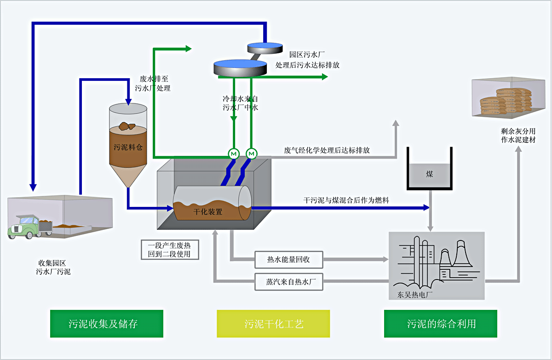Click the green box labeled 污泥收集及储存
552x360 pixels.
click(x=106, y=324)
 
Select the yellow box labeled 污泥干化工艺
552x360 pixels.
click(x=273, y=324)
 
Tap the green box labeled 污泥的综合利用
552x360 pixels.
click(x=441, y=324)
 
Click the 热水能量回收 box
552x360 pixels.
click(x=289, y=259)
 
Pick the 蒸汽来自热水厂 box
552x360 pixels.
click(x=289, y=282)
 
